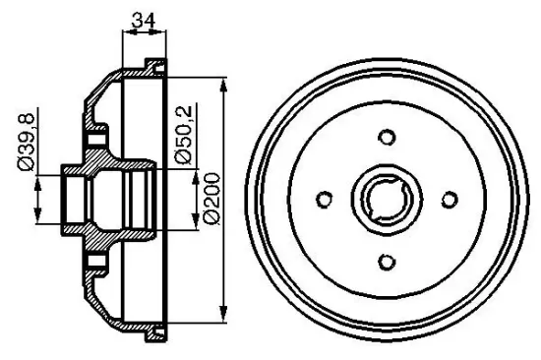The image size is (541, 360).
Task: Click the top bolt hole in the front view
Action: pos(387,137)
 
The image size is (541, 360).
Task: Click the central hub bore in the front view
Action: pos(387,199)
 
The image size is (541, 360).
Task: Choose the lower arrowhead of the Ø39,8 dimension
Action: pos(38,218)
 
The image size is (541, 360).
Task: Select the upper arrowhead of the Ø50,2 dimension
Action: pos(192,173)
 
